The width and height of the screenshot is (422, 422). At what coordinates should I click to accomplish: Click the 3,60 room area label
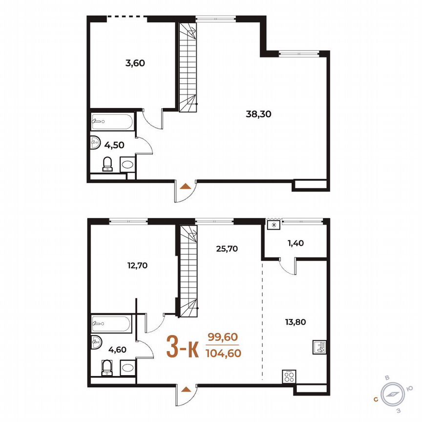(x=135, y=63)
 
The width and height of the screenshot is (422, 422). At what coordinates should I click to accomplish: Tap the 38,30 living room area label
(x=258, y=114)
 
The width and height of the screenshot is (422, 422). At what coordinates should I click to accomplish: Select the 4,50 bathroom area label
(x=113, y=145)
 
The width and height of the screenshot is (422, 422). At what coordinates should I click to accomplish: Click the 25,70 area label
(x=227, y=248)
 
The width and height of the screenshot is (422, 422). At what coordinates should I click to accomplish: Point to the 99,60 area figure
(x=222, y=338)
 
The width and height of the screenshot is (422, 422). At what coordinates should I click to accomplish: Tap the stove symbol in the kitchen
(x=289, y=377)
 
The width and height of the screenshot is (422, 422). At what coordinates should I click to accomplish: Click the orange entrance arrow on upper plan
(x=185, y=186)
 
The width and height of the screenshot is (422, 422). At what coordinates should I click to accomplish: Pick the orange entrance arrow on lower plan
(x=185, y=389)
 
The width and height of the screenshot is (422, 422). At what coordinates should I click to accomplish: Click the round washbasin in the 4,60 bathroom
(x=96, y=343)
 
